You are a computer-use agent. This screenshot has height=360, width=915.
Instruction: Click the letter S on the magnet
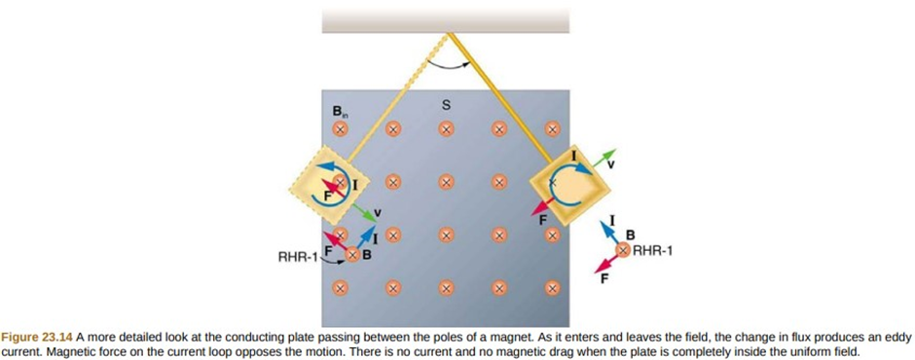[x=447, y=106]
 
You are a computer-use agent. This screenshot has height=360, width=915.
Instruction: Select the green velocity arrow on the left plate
[x=366, y=212]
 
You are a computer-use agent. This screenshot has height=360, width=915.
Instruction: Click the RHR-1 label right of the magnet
[x=652, y=251]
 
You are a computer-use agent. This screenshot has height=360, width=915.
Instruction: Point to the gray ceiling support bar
[x=446, y=21]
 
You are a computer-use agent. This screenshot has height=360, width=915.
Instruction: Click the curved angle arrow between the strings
[x=450, y=62]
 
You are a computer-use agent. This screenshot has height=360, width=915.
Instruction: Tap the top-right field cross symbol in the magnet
[x=552, y=129]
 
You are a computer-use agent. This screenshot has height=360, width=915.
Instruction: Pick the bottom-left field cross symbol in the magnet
[x=341, y=287]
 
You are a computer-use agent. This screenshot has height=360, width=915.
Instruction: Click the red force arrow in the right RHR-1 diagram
[x=606, y=262]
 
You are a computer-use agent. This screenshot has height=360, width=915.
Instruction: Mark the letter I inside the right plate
[x=573, y=156]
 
